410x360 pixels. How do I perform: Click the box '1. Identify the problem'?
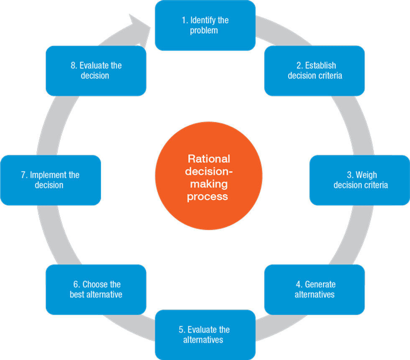pos(205,25)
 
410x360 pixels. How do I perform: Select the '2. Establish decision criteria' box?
pos(314,71)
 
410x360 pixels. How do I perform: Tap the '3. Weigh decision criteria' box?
pos(360,180)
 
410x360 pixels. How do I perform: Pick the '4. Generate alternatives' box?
pos(314,289)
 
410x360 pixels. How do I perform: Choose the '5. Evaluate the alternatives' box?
pos(205,335)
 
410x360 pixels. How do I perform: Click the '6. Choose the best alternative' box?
pos(96,289)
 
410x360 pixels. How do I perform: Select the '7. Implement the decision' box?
pos(50,180)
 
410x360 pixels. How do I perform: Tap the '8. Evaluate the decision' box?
pos(96,71)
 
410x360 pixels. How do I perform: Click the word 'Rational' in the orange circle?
pos(209,159)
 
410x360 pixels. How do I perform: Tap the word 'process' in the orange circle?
pos(208,196)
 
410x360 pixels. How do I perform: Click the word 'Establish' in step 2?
pos(320,66)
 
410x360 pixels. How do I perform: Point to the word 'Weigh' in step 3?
pos(366,175)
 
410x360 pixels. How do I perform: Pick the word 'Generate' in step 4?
pos(320,284)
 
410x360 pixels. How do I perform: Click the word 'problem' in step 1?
pos(204,31)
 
